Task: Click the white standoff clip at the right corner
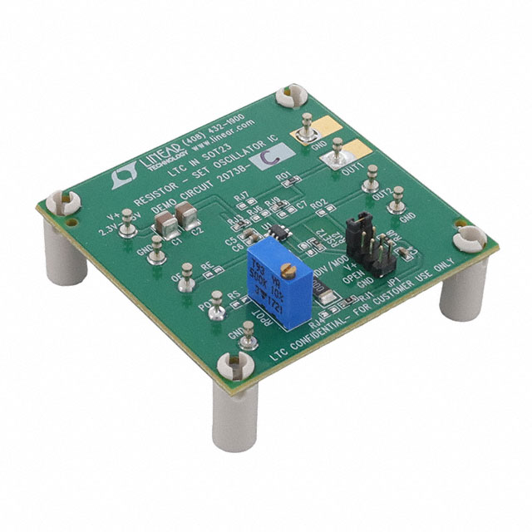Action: point(469,239)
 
